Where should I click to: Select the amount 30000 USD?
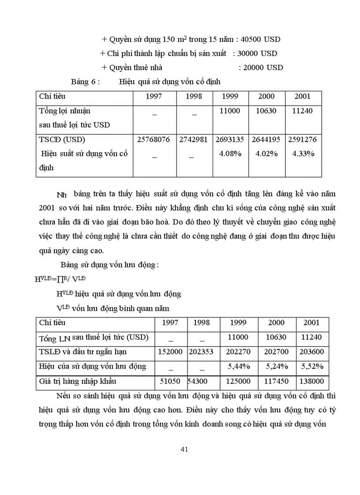pos(257,53)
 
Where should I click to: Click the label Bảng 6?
pos(86,82)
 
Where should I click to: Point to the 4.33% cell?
pos(303,154)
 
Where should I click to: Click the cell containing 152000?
pos(171,352)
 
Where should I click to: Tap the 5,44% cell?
pos(239,366)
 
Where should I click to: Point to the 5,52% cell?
pos(311,366)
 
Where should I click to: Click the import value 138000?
pos(311,381)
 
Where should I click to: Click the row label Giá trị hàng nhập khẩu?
pos(77,381)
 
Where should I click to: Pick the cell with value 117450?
pos(276,381)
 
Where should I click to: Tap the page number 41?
pos(184,450)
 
